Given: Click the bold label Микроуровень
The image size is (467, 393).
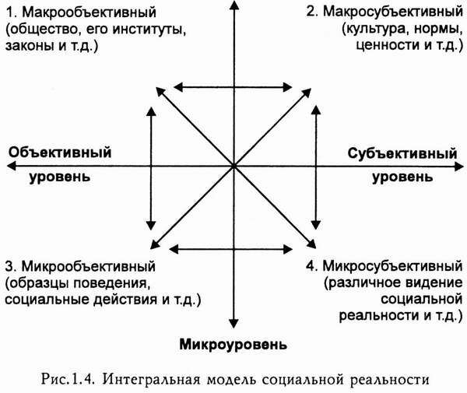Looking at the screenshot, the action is tap(233, 343).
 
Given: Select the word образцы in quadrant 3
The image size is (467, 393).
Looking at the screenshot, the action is tap(34, 282).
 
